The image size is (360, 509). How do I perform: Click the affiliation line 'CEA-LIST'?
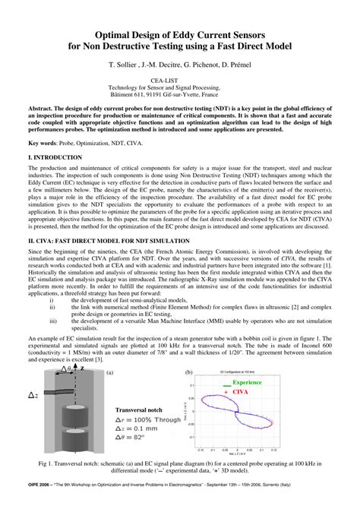point(179,81)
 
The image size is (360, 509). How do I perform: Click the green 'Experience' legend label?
point(247,382)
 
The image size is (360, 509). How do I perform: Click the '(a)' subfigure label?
point(109,373)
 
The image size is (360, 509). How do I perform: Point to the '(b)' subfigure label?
point(189,373)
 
